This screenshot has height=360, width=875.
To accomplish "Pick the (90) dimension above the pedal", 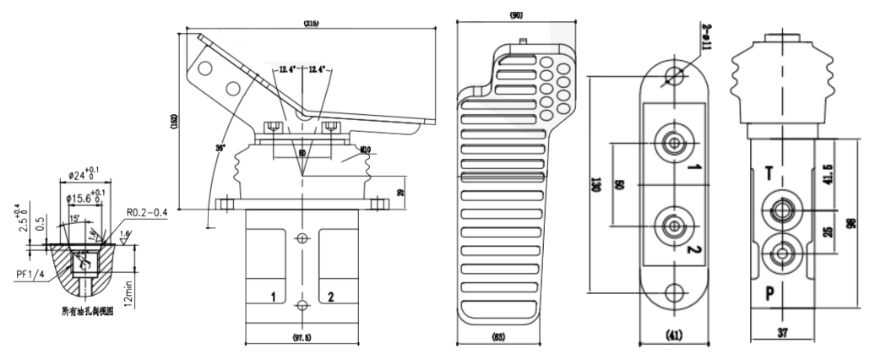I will pyautogui.click(x=518, y=15).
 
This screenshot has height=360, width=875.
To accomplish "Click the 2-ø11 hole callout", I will pyautogui.click(x=708, y=35).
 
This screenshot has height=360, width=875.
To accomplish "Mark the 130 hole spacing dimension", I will pyautogui.click(x=596, y=183).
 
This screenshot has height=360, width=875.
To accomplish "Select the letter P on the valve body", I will pyautogui.click(x=770, y=294).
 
